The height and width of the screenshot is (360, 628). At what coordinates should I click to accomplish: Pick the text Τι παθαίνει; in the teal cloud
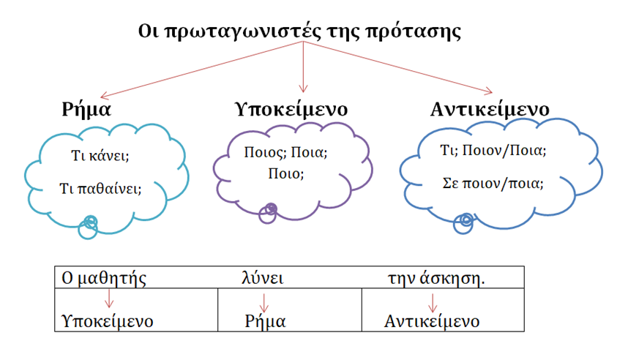tap(100, 187)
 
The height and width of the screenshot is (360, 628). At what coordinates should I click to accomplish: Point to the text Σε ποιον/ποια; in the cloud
tap(493, 183)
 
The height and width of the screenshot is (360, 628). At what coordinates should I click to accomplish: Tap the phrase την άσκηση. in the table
tap(436, 278)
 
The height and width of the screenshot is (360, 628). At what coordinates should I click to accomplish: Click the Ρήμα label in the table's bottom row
tap(265, 320)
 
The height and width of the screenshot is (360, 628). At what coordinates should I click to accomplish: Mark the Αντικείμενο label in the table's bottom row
tap(432, 320)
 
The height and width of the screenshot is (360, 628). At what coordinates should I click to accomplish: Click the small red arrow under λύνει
tap(265, 301)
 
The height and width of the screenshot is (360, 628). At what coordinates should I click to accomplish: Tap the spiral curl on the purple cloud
tap(269, 211)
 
